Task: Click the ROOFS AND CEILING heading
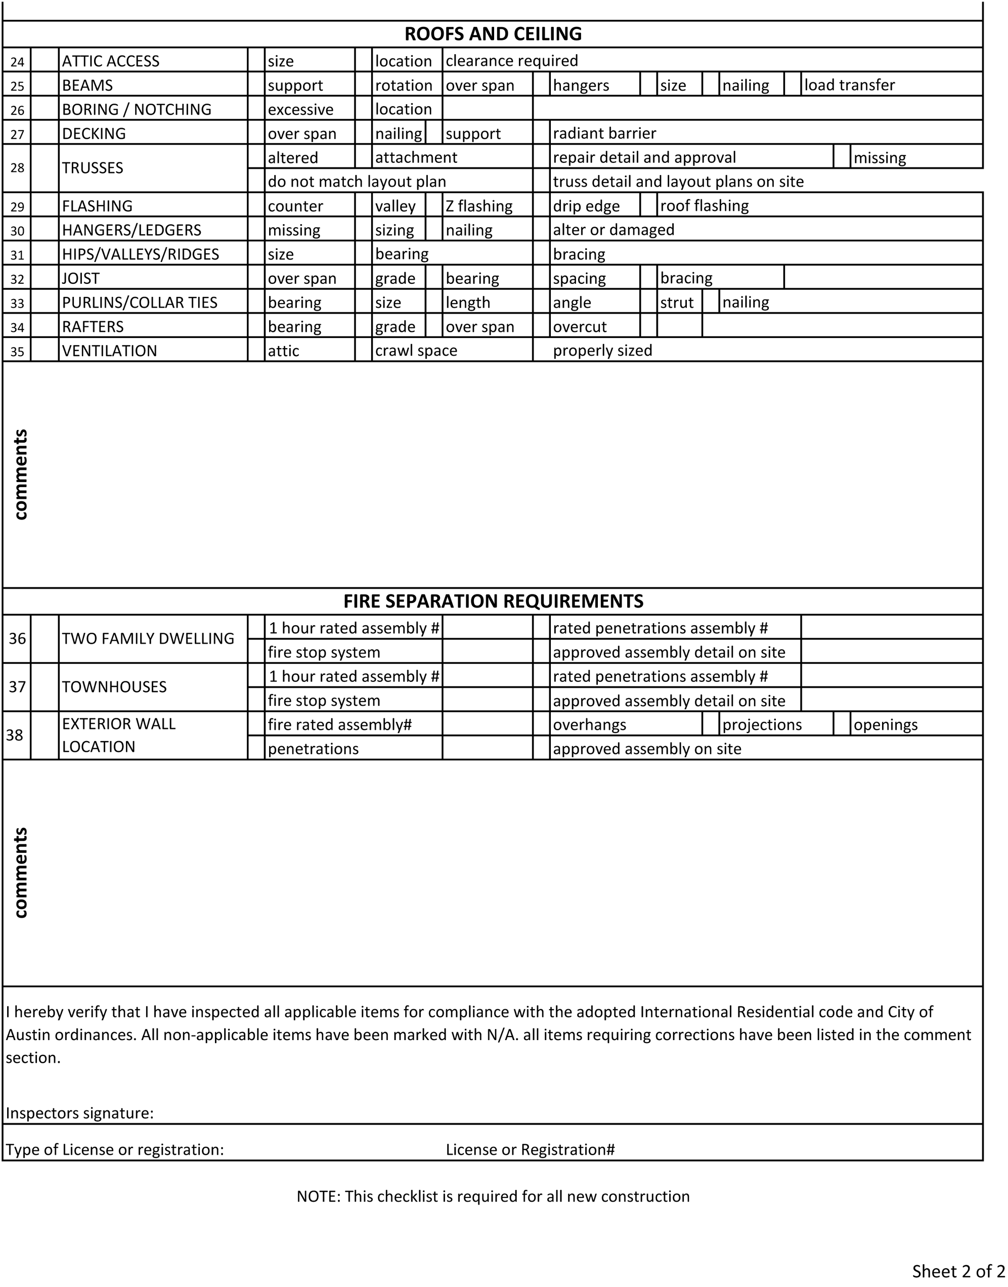(x=493, y=34)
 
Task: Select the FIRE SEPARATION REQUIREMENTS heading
(x=493, y=601)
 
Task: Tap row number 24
(x=17, y=61)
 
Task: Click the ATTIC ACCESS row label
(x=111, y=61)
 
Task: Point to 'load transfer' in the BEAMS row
(x=849, y=85)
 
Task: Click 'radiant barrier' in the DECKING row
(x=604, y=134)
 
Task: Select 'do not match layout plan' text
(x=357, y=181)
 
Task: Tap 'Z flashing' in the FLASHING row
(x=479, y=205)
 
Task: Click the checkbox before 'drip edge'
(x=541, y=205)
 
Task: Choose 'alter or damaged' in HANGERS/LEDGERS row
(x=613, y=230)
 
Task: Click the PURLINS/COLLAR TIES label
(x=140, y=302)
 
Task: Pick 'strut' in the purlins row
(x=677, y=302)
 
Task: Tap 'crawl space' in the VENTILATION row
(x=416, y=351)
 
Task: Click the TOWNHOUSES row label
(x=114, y=687)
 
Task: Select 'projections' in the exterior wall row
(x=762, y=724)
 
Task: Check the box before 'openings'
(x=842, y=724)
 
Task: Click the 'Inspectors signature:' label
(x=80, y=1113)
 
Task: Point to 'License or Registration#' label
(x=530, y=1149)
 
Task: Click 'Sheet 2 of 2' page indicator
(x=958, y=1270)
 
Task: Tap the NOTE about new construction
(x=493, y=1196)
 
